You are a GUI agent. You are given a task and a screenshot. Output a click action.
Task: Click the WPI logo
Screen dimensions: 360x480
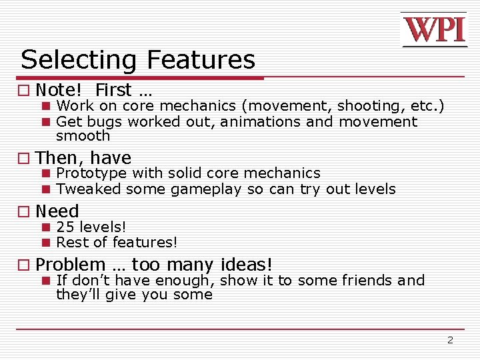(x=434, y=30)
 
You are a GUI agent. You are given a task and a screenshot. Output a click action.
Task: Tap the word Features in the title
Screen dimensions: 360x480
(x=201, y=60)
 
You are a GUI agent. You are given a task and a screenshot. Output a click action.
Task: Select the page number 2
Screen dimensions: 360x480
(x=450, y=340)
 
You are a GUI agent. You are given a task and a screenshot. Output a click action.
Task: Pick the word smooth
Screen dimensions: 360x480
(x=83, y=136)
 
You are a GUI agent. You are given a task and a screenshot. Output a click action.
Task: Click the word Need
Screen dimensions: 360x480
(x=57, y=211)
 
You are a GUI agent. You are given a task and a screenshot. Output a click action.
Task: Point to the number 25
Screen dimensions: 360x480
(x=65, y=227)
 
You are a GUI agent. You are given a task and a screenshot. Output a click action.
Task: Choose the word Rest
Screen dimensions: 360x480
(x=71, y=243)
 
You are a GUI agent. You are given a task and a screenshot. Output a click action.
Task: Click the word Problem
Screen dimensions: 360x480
(x=71, y=265)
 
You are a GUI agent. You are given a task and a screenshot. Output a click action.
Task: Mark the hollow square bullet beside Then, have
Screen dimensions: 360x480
(x=25, y=159)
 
